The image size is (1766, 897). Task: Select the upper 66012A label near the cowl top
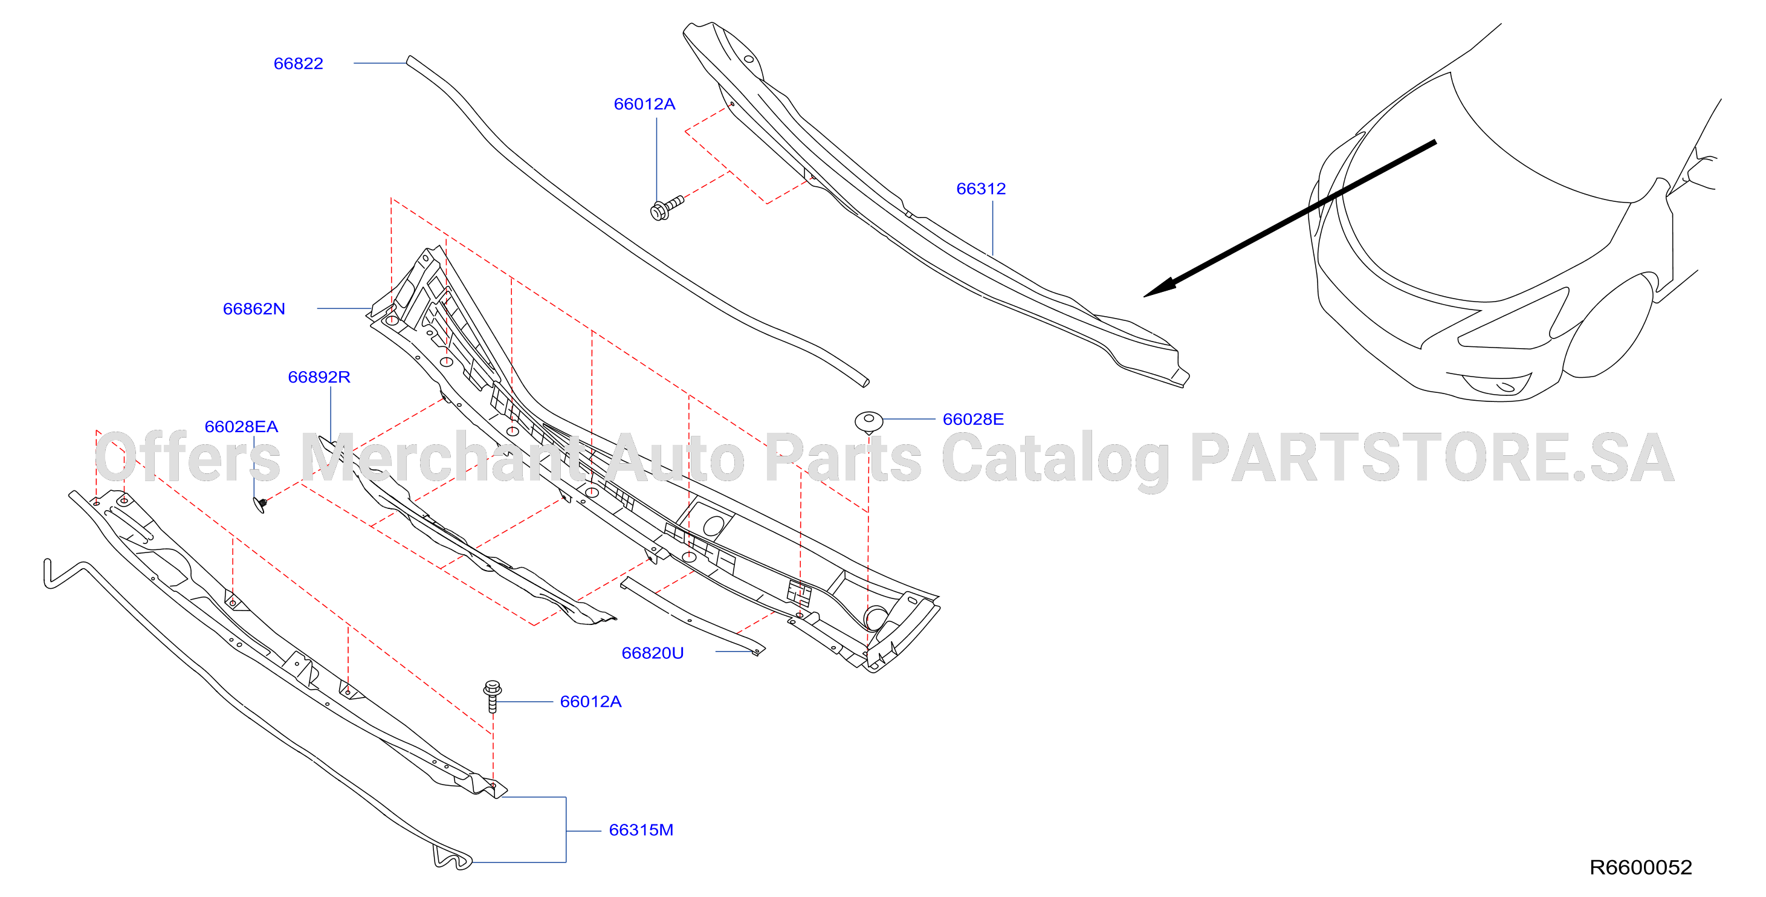(x=644, y=103)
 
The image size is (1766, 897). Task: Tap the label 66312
(x=981, y=189)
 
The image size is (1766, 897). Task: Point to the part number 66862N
(x=254, y=309)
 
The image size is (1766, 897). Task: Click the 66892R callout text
(x=319, y=377)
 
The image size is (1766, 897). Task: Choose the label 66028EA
(x=241, y=427)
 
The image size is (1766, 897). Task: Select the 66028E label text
(x=974, y=419)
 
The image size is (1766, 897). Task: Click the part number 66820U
(x=653, y=653)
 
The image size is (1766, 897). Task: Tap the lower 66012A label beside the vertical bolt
(x=591, y=702)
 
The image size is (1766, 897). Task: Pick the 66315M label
(x=641, y=830)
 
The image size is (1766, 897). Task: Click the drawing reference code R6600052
(x=1640, y=867)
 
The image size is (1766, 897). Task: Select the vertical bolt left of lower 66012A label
(x=492, y=696)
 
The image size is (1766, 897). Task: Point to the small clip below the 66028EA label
(x=260, y=505)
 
